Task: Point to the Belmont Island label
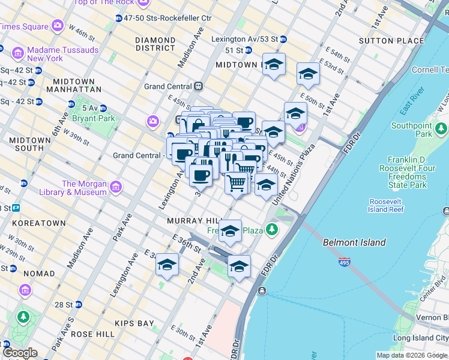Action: (354, 242)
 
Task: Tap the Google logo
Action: (19, 353)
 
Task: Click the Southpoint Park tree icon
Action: (441, 128)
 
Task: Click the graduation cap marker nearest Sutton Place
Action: (308, 74)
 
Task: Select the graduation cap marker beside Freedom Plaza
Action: (229, 230)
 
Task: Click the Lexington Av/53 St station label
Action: (244, 39)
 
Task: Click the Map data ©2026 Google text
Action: (411, 355)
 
